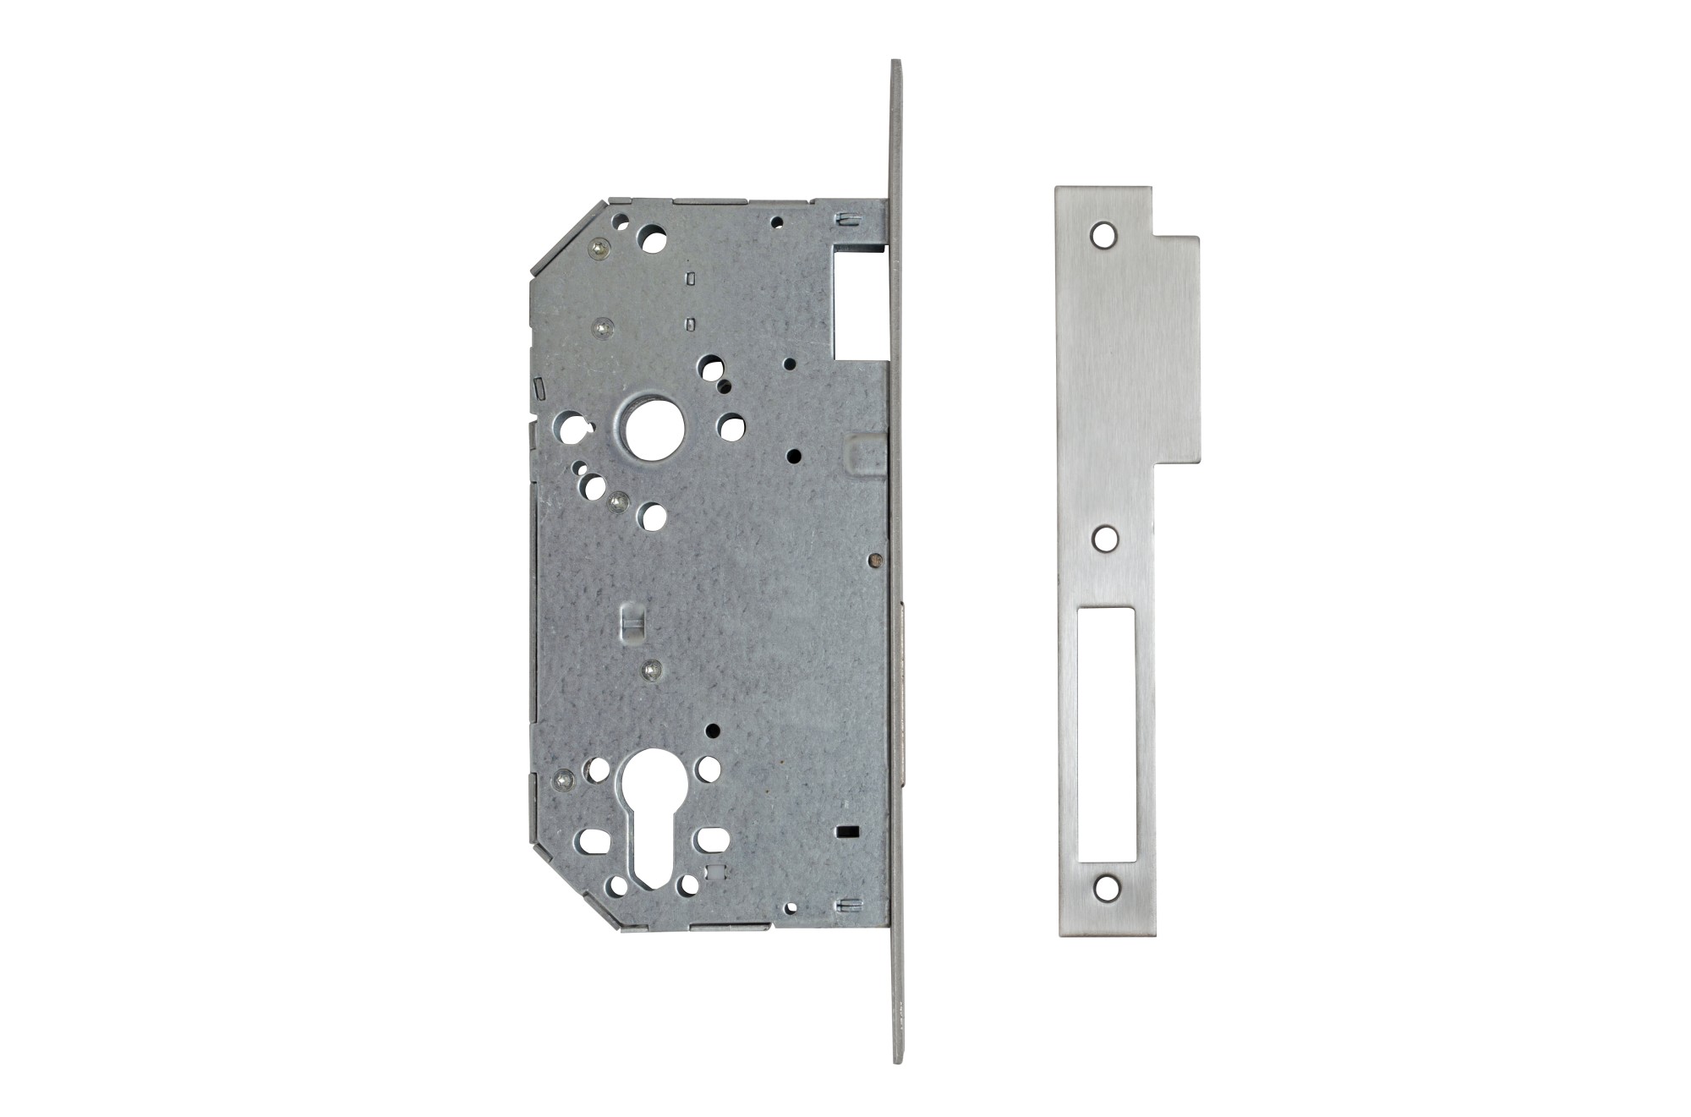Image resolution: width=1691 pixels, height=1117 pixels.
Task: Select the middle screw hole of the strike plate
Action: coord(1104,537)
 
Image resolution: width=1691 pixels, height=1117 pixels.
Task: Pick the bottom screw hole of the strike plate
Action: coord(1104,886)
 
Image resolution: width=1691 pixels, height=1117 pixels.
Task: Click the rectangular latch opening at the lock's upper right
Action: coord(859,300)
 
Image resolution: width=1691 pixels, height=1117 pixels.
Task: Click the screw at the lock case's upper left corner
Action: coord(599,246)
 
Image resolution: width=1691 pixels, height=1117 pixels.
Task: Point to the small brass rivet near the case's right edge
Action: coord(875,558)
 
